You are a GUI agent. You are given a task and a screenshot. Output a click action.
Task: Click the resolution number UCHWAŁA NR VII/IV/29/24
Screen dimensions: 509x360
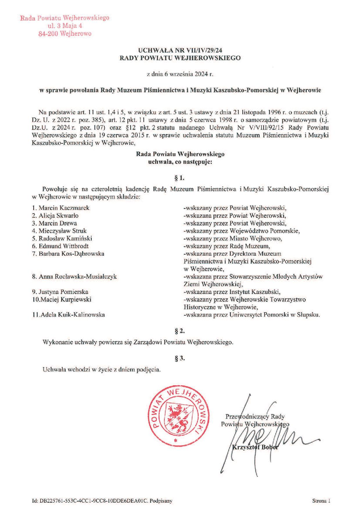(x=180, y=50)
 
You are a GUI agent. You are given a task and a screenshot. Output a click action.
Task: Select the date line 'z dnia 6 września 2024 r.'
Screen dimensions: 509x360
(x=180, y=74)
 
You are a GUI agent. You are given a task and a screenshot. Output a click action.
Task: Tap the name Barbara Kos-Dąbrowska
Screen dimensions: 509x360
(x=68, y=254)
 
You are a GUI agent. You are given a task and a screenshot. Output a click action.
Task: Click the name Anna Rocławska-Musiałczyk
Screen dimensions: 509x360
(x=74, y=277)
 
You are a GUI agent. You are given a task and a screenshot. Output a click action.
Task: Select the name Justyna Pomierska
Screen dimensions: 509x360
(x=60, y=291)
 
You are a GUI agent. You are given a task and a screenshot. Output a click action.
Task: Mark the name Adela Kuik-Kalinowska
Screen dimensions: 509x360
(x=68, y=314)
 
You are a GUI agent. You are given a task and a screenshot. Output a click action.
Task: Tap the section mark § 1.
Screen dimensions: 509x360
(x=180, y=176)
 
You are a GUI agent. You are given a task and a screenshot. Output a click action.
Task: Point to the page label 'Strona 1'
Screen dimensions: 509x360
(x=321, y=501)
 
